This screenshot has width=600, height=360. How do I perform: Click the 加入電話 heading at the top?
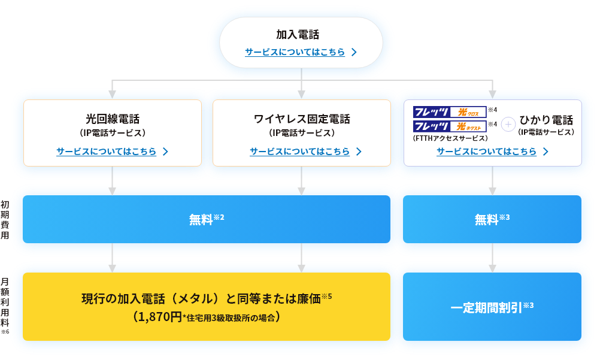pos(301,35)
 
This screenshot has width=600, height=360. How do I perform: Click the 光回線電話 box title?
pos(113,119)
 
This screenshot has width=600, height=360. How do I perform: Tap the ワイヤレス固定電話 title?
pos(302,119)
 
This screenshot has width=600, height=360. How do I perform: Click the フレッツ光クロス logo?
pos(450,112)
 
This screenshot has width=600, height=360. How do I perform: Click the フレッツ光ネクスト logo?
pos(450,126)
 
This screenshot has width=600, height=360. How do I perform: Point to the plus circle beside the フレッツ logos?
pos(508,124)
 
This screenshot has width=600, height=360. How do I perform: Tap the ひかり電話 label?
pos(546,120)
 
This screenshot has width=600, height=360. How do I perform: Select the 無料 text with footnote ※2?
pos(201,220)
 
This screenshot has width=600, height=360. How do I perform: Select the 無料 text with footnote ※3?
pos(487,220)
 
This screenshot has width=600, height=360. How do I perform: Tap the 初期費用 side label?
pos(5,220)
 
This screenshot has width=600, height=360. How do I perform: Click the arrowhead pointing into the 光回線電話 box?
pos(112,94)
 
